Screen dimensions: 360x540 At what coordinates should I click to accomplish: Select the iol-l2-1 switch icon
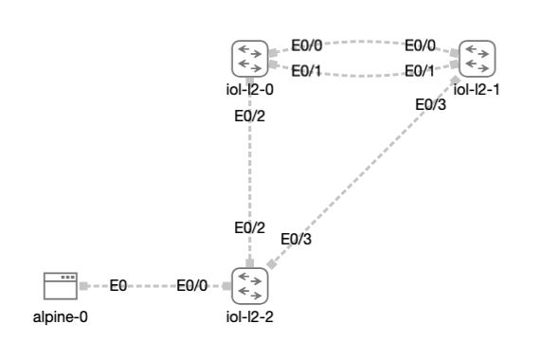pyautogui.click(x=477, y=59)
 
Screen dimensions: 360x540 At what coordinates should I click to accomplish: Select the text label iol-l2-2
pyautogui.click(x=250, y=316)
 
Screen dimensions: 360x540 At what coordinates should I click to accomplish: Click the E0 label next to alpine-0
pyautogui.click(x=118, y=285)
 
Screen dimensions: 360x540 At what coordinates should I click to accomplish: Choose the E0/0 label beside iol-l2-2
pyautogui.click(x=192, y=285)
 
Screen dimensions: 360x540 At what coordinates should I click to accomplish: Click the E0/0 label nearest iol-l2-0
pyautogui.click(x=306, y=45)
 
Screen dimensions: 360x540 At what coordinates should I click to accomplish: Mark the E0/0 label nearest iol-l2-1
pyautogui.click(x=421, y=45)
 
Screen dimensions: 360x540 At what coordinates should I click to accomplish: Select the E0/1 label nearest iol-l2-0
pyautogui.click(x=306, y=70)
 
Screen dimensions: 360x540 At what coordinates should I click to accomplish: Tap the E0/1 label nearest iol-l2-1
pyautogui.click(x=421, y=70)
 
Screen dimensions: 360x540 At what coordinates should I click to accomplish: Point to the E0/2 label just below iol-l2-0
pyautogui.click(x=250, y=117)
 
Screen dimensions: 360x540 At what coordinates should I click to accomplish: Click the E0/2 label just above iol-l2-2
pyautogui.click(x=250, y=227)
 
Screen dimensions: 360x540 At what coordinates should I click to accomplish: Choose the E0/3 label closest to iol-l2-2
pyautogui.click(x=296, y=239)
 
